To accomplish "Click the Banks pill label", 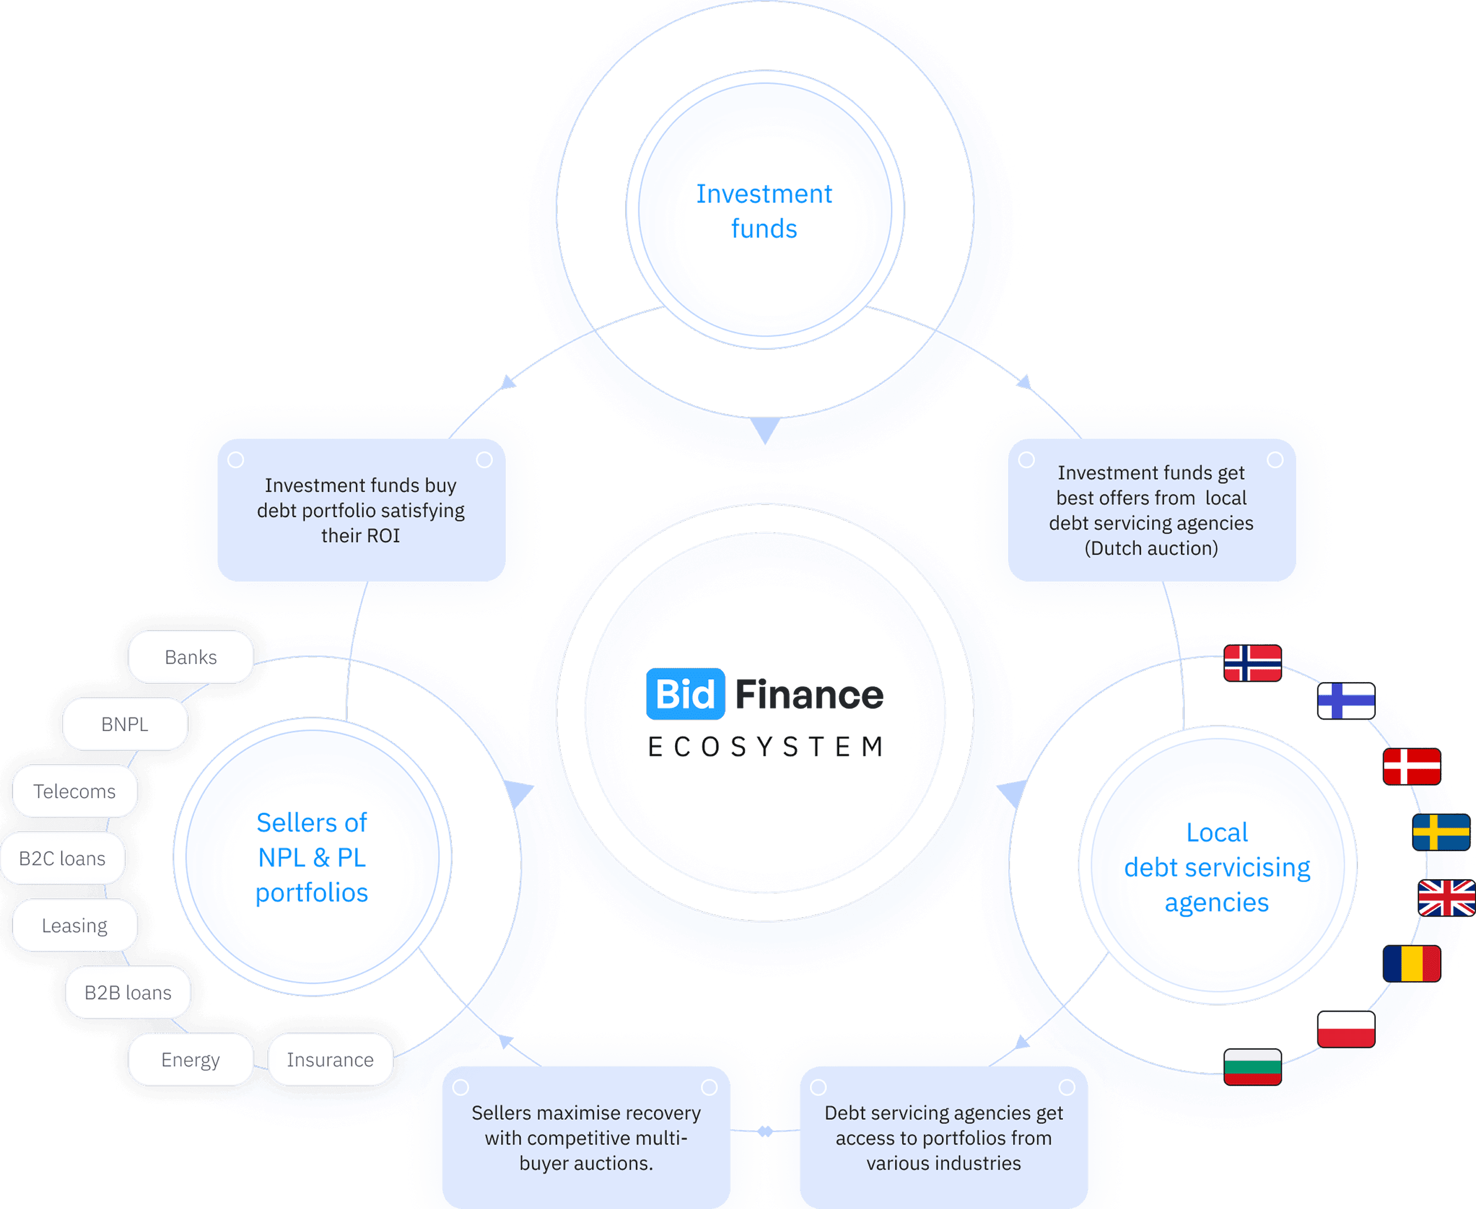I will (x=191, y=657).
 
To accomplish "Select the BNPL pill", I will (x=124, y=725).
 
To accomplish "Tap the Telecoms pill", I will (x=74, y=791).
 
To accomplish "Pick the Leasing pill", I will (x=74, y=925).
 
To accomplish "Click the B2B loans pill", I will (x=128, y=993).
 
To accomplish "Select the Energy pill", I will (x=190, y=1059).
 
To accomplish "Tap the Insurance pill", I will (x=330, y=1059).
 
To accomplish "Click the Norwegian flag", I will (x=1253, y=663).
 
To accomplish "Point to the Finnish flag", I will (x=1346, y=701).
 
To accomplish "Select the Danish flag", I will (x=1411, y=766).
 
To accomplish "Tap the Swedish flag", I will (x=1440, y=832).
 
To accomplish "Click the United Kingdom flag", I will (x=1446, y=898).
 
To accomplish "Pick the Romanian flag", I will (x=1411, y=963).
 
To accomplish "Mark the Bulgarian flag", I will (x=1253, y=1067).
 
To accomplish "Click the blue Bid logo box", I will (x=685, y=694).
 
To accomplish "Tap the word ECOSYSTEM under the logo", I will (x=765, y=747).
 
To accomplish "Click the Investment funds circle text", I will (x=764, y=210).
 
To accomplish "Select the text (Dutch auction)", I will (x=1151, y=548).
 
